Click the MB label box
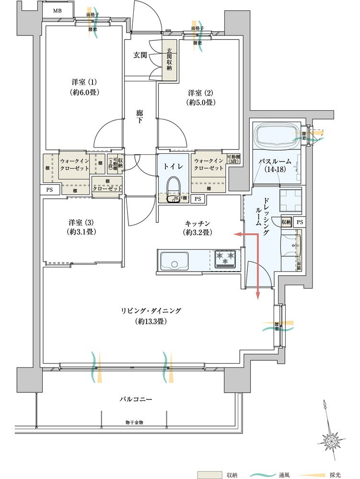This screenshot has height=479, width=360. coord(57,11)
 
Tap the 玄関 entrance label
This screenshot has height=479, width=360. coord(140,54)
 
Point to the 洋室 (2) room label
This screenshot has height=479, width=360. coord(200,97)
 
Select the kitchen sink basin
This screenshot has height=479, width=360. coord(174,262)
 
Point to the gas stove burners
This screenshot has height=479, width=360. coord(225,258)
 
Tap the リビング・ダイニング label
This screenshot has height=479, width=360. coord(151,316)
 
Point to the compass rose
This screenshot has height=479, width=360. coord(330,438)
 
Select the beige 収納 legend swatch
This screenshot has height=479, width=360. coord(210,474)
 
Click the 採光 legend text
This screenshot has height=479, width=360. coord(335,475)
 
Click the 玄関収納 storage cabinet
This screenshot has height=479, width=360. coord(169,62)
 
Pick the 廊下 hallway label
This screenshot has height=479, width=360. coord(140,117)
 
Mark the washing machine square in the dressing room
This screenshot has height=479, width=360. coord(290,199)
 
